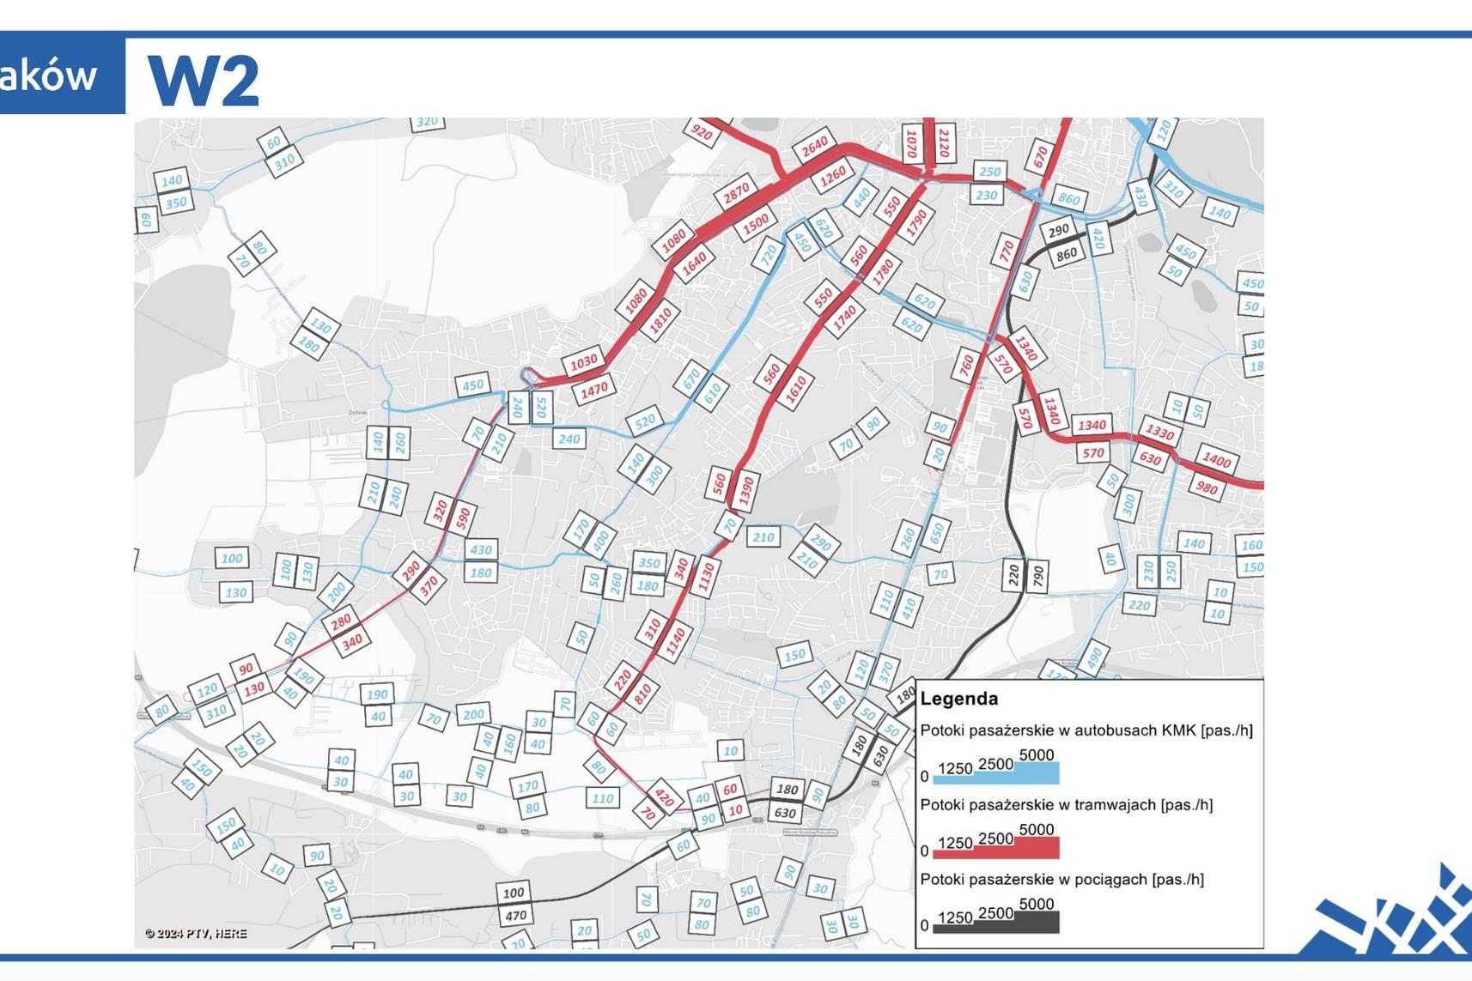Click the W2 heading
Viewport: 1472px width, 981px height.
pos(204,80)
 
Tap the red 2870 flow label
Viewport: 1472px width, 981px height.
pos(736,192)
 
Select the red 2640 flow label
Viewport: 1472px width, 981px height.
pos(814,148)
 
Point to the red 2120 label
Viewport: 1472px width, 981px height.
pos(944,144)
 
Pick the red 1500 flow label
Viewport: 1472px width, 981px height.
pos(756,225)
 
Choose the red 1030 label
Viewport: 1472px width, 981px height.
pos(583,363)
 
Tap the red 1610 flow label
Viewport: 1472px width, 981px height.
pos(795,390)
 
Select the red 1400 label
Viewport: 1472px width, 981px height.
pos(1216,460)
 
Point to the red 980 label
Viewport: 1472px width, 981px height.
pos(1207,487)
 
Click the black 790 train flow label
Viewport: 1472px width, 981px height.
pos(1037,575)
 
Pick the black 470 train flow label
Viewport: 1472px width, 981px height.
pos(514,916)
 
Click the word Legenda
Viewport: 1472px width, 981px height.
pos(958,699)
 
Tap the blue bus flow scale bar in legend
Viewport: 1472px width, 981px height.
pos(995,776)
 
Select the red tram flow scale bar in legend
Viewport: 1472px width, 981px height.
pos(995,850)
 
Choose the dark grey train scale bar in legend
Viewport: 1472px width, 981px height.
pos(995,924)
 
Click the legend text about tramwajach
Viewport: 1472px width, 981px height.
pos(1066,805)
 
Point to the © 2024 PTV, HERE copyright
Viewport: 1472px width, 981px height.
pos(196,933)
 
